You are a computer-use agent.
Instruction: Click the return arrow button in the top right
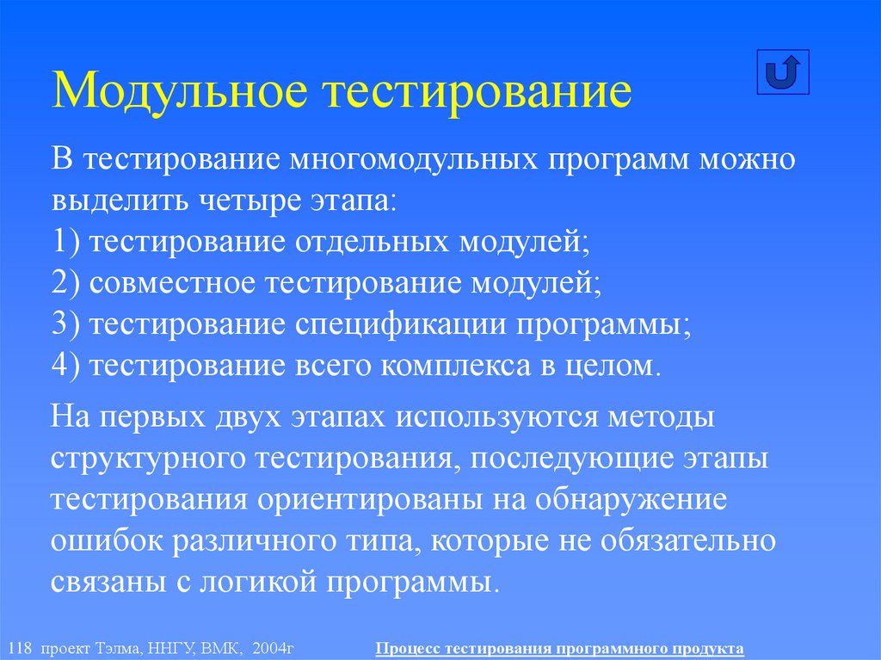[783, 72]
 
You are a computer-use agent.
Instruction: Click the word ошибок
[104, 540]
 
